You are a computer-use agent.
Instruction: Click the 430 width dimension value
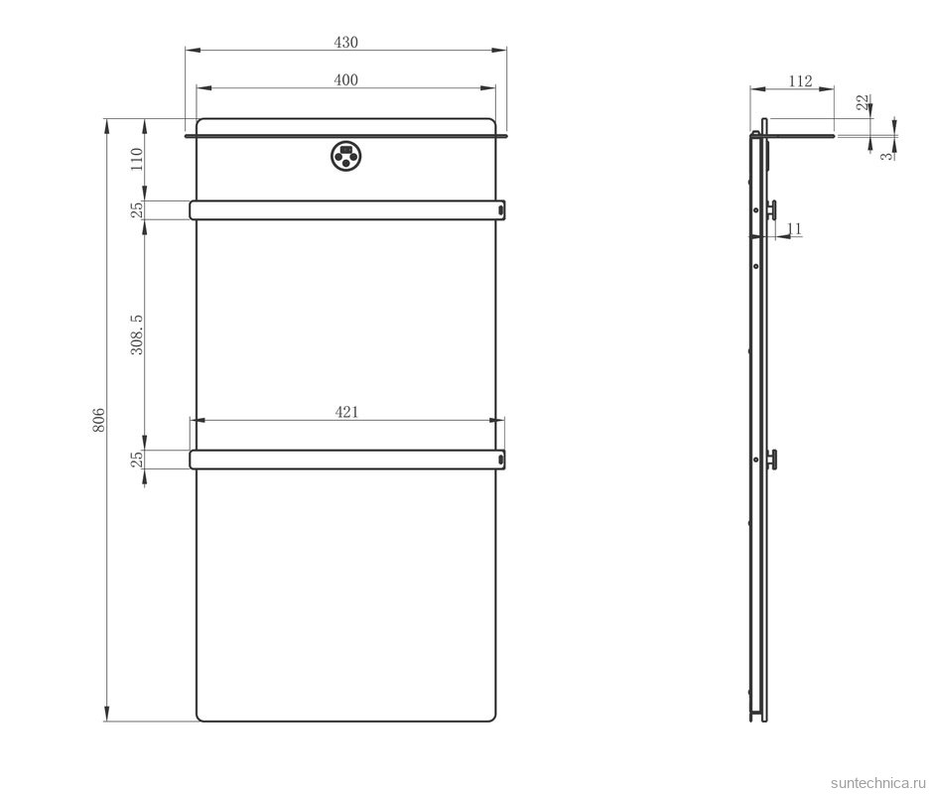pyautogui.click(x=345, y=42)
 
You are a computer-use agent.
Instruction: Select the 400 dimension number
pyautogui.click(x=345, y=80)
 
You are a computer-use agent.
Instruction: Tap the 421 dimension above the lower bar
pyautogui.click(x=345, y=412)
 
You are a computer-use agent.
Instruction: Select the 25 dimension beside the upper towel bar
pyautogui.click(x=137, y=209)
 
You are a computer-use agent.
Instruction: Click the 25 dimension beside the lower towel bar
pyautogui.click(x=137, y=459)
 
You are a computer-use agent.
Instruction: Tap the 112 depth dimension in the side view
pyautogui.click(x=800, y=81)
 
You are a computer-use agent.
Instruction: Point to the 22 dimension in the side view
pyautogui.click(x=863, y=102)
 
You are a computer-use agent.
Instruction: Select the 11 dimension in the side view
pyautogui.click(x=793, y=229)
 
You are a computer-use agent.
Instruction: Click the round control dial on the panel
pyautogui.click(x=345, y=155)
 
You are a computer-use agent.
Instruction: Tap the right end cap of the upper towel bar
pyautogui.click(x=501, y=209)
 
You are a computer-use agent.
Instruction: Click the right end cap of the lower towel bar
pyautogui.click(x=501, y=459)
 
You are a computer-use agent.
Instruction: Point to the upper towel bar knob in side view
pyautogui.click(x=771, y=208)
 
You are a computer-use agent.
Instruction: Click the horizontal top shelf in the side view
pyautogui.click(x=800, y=135)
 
